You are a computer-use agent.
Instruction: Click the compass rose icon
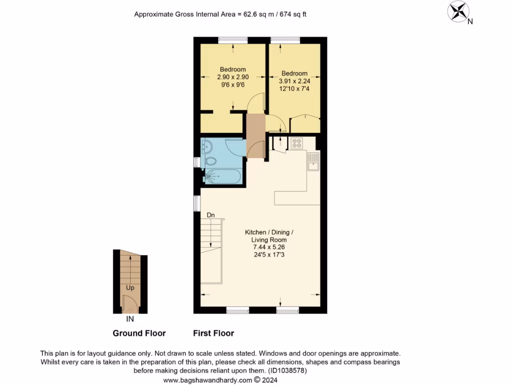click(x=457, y=12)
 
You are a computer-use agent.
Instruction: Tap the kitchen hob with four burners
click(x=297, y=143)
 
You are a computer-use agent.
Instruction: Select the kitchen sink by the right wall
click(x=314, y=161)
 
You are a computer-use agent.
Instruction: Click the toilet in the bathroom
click(x=211, y=162)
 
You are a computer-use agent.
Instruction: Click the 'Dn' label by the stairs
click(x=211, y=215)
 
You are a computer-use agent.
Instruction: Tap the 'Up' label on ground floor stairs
click(x=130, y=288)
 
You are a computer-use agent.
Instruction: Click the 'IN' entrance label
click(x=130, y=318)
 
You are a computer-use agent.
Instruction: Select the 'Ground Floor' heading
click(x=139, y=333)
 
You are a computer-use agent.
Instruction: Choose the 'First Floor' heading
click(x=213, y=333)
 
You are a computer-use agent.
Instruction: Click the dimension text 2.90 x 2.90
click(x=232, y=77)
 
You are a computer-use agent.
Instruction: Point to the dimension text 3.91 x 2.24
click(x=294, y=81)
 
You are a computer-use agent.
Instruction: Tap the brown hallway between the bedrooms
click(x=255, y=135)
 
